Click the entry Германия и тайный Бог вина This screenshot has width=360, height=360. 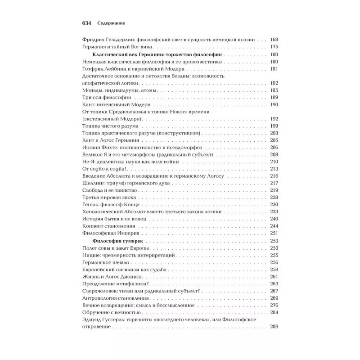click(118, 46)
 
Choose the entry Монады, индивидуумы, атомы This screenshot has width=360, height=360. click(118, 90)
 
